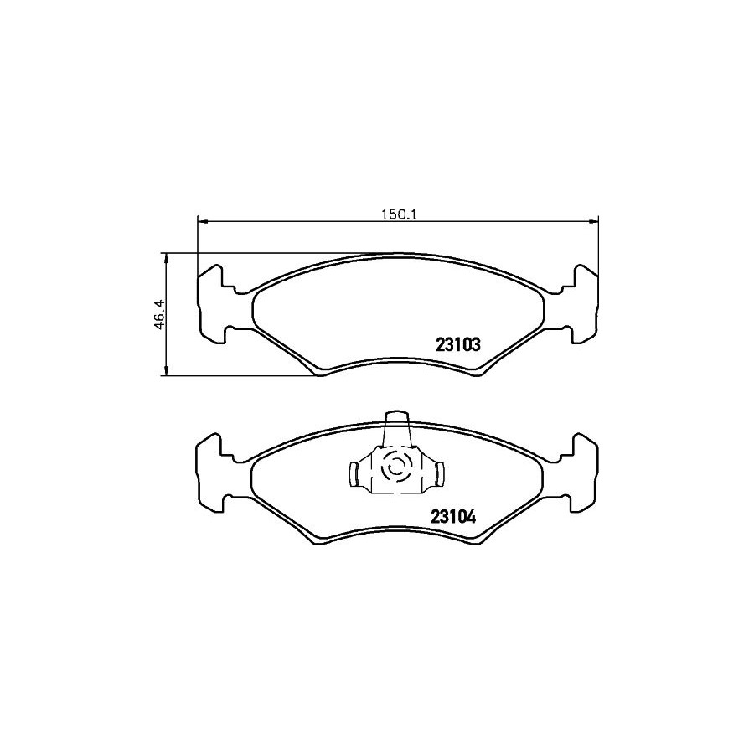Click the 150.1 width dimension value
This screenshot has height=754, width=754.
coord(398,214)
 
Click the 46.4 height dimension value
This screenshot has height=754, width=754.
coord(160,313)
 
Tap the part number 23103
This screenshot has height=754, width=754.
coord(457,344)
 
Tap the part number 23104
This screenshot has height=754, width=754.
coord(453,517)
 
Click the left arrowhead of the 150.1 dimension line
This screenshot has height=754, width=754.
coord(202,222)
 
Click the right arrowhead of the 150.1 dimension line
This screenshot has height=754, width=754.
coord(594,222)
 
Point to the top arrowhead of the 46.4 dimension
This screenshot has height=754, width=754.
coord(166,258)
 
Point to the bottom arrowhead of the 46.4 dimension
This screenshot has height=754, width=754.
coord(166,371)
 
